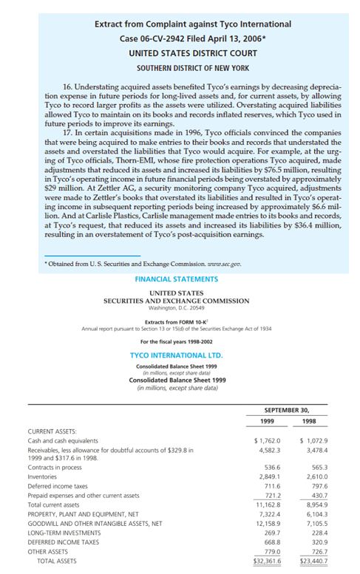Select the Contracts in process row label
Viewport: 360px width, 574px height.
click(55, 468)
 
